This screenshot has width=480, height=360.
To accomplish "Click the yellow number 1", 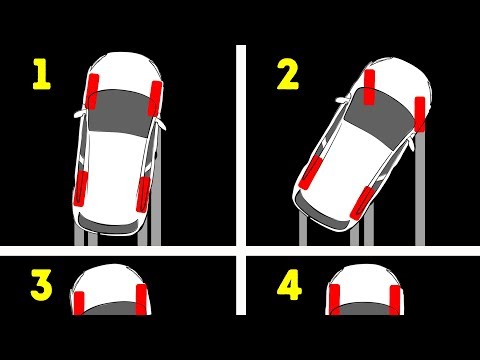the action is coord(42,74).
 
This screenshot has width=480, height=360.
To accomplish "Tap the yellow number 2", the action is coord(288,74).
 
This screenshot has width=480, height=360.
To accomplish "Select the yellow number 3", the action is coord(41,285).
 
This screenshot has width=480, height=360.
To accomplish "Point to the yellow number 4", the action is coord(289,285).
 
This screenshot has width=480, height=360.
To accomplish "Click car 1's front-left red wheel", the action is coord(92,92).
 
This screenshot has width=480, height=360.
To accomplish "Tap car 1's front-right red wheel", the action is coord(155,99).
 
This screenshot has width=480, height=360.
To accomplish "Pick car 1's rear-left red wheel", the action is coord(80,189).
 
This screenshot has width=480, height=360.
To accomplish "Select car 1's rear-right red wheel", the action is coord(143,195).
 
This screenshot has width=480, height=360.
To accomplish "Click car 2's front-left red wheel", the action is coord(369,87).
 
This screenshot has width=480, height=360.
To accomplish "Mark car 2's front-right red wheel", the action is coord(420,114).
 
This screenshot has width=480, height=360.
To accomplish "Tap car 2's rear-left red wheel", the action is coord(311,174).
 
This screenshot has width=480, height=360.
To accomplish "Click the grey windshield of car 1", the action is coord(121,112).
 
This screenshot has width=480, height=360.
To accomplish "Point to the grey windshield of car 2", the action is coord(380,117).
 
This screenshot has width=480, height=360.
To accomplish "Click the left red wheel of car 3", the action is coord(79,303).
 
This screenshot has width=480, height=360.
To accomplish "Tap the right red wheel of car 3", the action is coord(141,299).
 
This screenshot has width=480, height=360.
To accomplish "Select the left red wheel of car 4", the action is coord(334,300).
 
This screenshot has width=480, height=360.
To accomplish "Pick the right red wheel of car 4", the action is coord(395,300).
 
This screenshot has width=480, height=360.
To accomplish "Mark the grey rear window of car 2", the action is coord(320,213).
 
